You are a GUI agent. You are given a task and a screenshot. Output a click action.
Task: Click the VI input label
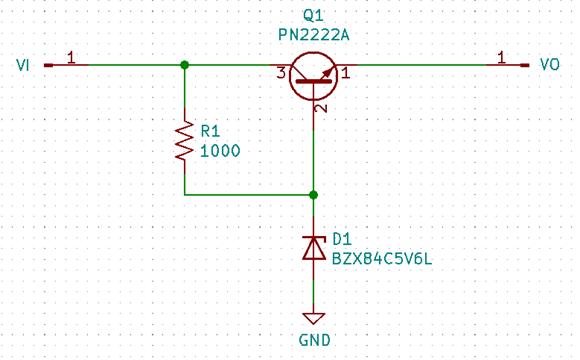(x=24, y=65)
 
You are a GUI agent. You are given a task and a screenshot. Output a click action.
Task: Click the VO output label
(x=549, y=65)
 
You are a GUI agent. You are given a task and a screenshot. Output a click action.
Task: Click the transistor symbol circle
(x=314, y=75)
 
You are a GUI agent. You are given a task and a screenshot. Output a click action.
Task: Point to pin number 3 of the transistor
(x=282, y=73)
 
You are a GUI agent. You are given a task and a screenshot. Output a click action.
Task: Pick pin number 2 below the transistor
(x=321, y=108)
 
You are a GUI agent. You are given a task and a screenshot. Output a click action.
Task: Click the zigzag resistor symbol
(x=185, y=141)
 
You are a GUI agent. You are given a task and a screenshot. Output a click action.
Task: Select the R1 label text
(x=211, y=131)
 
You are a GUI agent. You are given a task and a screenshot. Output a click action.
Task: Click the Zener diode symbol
(x=314, y=249)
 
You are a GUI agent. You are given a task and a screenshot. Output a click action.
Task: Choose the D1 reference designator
(x=341, y=239)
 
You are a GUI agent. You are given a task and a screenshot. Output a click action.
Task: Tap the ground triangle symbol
(x=314, y=318)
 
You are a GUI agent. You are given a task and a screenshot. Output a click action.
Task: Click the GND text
(x=314, y=340)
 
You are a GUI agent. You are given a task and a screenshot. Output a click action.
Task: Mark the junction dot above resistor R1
(x=185, y=65)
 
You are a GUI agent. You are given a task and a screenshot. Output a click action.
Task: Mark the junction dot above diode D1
(x=314, y=195)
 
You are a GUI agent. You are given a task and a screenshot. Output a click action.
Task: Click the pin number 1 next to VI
(x=71, y=58)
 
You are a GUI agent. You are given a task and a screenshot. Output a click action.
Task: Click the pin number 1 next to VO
(x=501, y=58)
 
